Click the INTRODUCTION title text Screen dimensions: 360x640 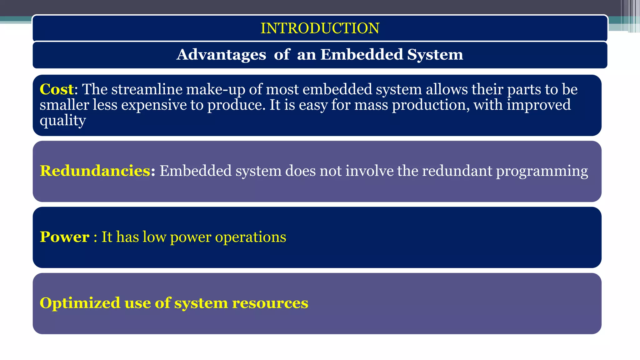tap(320, 28)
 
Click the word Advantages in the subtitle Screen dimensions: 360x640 tap(221, 55)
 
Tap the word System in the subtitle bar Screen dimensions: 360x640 tap(435, 55)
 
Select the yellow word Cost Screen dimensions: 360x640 tap(57, 89)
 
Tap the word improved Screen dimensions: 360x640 tap(538, 105)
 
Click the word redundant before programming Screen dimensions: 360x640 tap(457, 171)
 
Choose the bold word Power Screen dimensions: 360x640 tap(65, 237)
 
